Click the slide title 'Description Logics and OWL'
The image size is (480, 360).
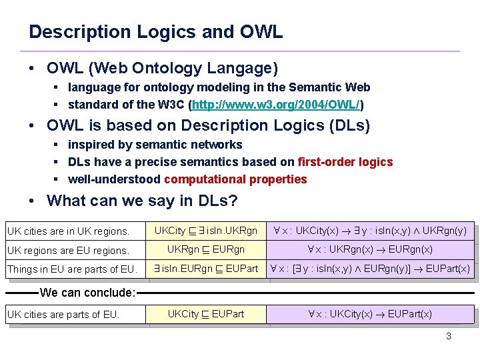coord(155,31)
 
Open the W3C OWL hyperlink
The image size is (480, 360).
coord(277,105)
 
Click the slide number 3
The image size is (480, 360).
coord(448,336)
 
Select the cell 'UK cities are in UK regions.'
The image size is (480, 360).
coord(68,231)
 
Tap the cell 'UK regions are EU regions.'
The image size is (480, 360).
coord(68,250)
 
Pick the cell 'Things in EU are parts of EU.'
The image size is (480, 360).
coord(72,269)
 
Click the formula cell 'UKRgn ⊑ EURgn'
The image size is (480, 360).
coord(206,249)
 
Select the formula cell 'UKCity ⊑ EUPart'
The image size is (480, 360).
coord(206,313)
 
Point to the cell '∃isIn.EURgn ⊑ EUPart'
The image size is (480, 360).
coord(206,269)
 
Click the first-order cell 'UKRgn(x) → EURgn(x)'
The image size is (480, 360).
coord(369,249)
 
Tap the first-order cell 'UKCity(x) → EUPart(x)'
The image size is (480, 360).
coord(369,313)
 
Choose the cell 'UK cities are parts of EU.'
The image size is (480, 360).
coord(63,314)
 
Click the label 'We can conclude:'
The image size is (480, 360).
coord(87,292)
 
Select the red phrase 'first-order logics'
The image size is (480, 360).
coord(345,162)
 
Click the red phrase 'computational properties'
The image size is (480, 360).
coord(235,179)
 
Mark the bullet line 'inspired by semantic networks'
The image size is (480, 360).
coord(155,145)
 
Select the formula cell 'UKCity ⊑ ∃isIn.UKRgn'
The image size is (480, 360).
coord(206,231)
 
